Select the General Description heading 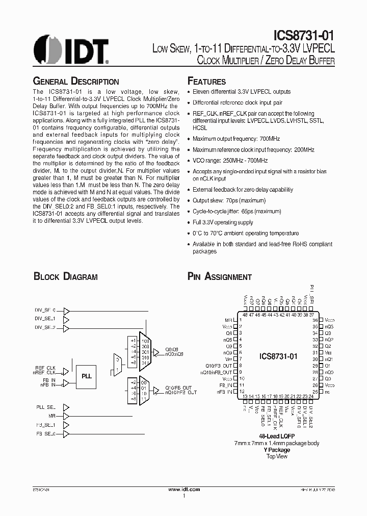pos(76,82)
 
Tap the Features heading pos(207,82)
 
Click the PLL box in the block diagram pos(86,376)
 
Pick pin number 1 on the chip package pos(240,320)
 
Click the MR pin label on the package pos(229,320)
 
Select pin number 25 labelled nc pos(315,392)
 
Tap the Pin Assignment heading pos(220,277)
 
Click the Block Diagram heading pos(65,277)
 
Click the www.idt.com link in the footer pos(183,489)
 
